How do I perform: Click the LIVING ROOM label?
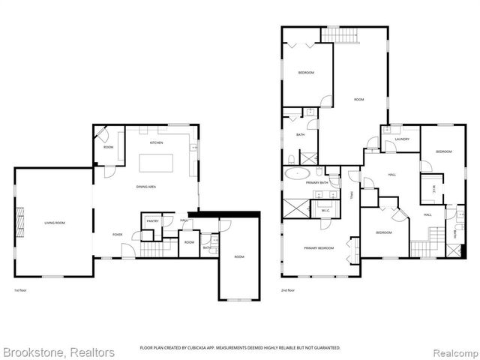[x=54, y=223]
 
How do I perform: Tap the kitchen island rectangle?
[x=156, y=163]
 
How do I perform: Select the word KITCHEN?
[x=156, y=142]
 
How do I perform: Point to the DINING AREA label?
[x=145, y=186]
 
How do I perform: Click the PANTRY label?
[x=151, y=221]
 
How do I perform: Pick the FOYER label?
[x=118, y=235]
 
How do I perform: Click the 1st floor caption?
[x=20, y=289]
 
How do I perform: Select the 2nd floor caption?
[x=288, y=289]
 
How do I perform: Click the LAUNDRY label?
[x=401, y=139]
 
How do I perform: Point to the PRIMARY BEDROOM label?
[x=319, y=247]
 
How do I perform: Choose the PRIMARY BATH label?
[x=316, y=182]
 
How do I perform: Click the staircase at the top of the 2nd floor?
[x=341, y=34]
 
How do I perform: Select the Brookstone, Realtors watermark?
[x=58, y=352]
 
